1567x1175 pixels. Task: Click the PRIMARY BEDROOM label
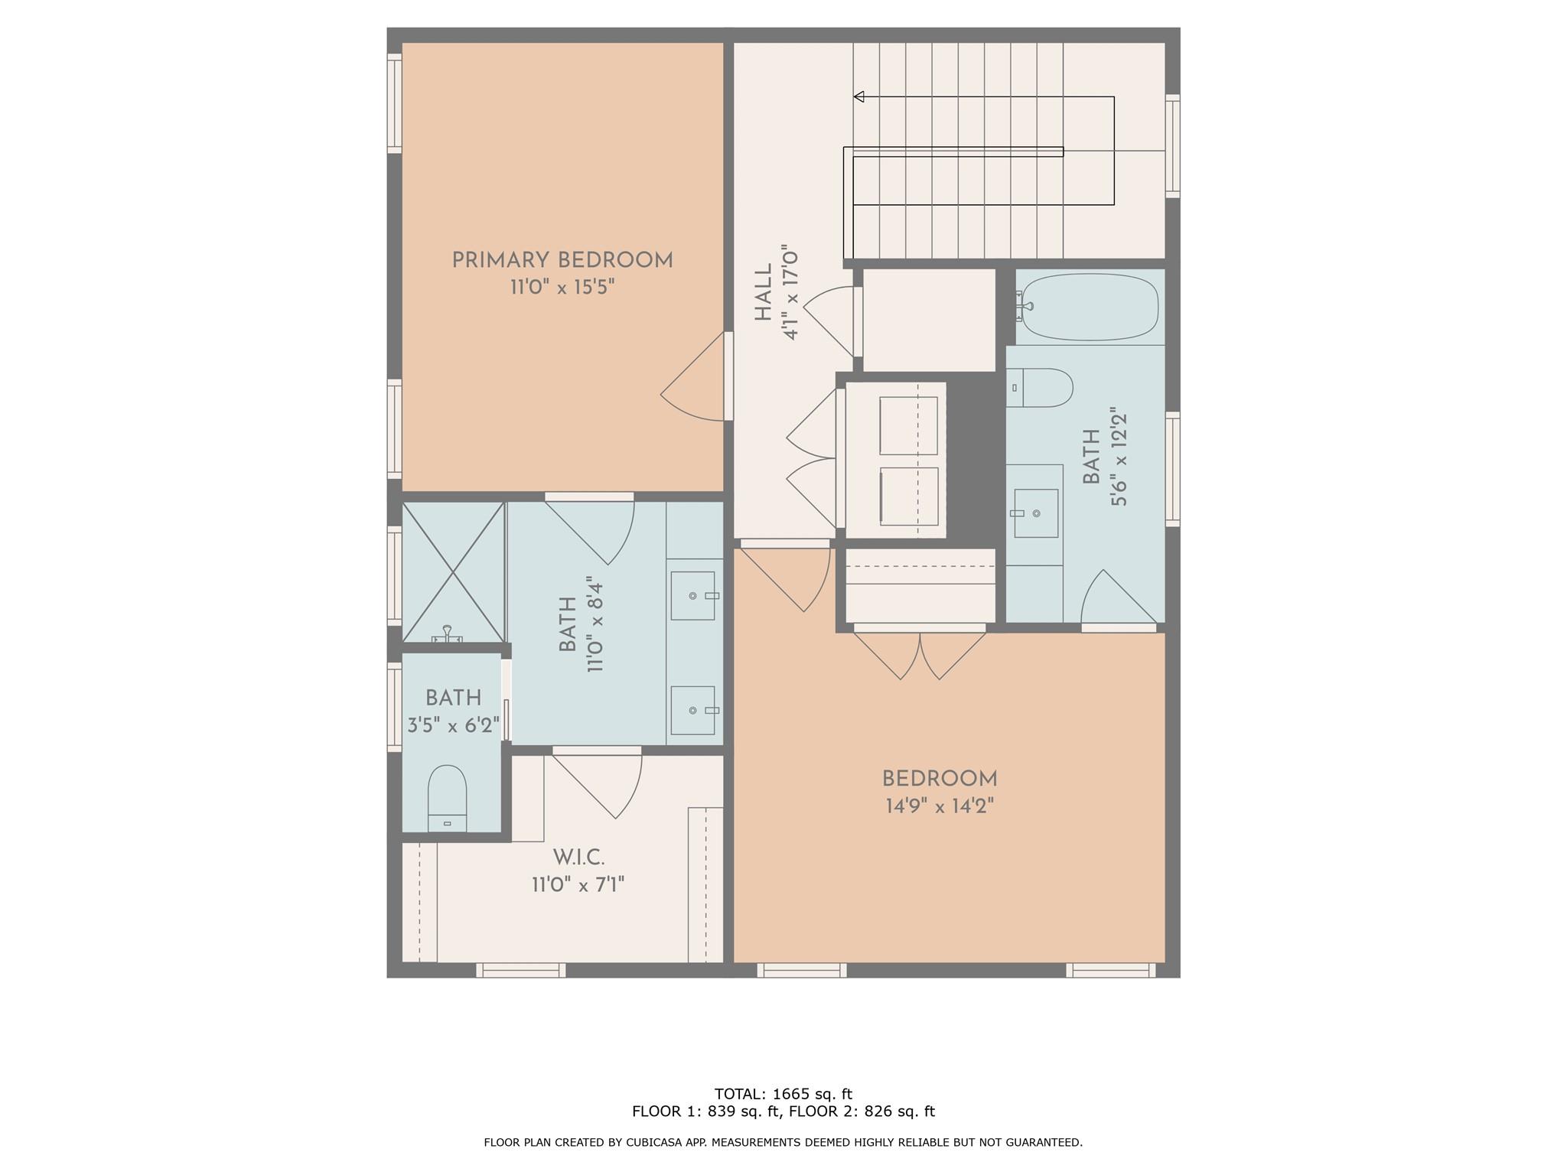pos(562,261)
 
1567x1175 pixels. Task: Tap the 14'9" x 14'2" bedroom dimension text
pos(940,806)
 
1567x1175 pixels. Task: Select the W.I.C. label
pos(578,858)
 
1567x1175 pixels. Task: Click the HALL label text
pos(764,293)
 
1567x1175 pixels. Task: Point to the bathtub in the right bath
pos(1090,308)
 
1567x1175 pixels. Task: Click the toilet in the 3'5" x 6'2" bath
pos(447,796)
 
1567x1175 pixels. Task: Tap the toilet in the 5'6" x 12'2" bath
pos(1041,388)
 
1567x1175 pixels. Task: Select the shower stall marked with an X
pos(454,572)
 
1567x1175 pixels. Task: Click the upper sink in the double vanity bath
pos(693,595)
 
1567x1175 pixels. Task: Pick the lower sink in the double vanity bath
pos(693,710)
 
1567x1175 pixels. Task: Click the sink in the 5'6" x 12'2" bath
pos(1036,513)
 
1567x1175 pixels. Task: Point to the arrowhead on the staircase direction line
pos(859,97)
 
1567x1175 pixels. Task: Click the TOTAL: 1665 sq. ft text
pos(783,1094)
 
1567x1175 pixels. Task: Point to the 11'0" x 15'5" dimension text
pos(562,288)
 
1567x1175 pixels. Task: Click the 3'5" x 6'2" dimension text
pos(453,725)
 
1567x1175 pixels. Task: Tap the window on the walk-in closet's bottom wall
pos(521,970)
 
